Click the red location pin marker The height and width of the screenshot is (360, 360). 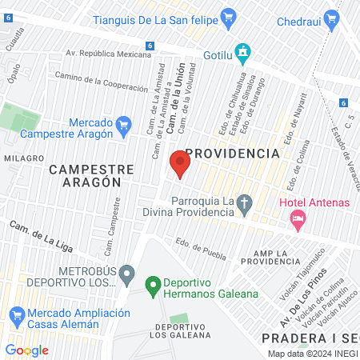point(180,165)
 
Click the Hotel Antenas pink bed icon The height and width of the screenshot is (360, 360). point(298,217)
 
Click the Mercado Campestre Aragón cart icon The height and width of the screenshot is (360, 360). point(123,125)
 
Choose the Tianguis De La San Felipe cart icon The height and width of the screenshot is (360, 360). point(228,14)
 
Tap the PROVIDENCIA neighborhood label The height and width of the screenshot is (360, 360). point(233,152)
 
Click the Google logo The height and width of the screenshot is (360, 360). point(26,350)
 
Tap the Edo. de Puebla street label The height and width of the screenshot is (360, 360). point(197,245)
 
